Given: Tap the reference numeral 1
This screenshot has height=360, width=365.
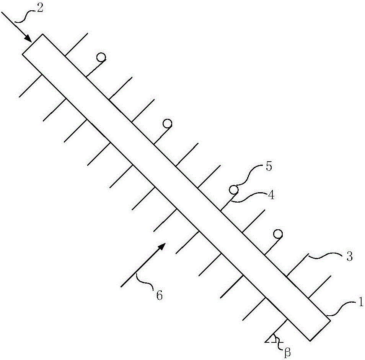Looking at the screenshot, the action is point(360,302).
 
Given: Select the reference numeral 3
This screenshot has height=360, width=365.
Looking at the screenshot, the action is point(349,256).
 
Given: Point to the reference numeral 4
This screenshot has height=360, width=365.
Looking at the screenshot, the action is point(271,195).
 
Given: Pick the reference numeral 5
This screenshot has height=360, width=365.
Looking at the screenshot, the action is point(269,167).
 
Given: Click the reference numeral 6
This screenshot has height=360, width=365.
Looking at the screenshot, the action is point(159,295).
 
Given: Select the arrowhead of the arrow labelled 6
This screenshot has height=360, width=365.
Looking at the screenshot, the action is point(162,246).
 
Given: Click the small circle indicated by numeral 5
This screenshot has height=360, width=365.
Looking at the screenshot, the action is point(233,190).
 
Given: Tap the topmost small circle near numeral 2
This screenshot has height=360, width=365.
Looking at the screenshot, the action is point(101,57).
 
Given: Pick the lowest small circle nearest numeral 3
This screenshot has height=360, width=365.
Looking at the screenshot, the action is point(278,234).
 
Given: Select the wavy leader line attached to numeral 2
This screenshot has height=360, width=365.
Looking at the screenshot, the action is point(26,16).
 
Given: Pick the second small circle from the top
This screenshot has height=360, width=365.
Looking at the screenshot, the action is point(167,124).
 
